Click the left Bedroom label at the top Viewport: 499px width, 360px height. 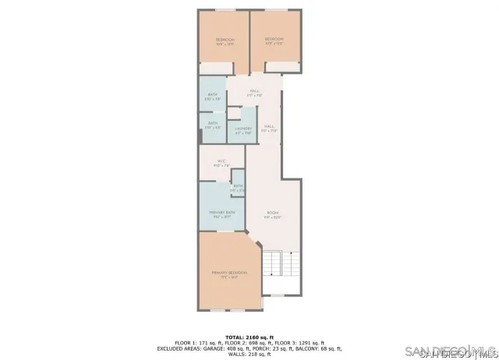pyautogui.click(x=225, y=41)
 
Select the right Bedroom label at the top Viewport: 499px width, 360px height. pyautogui.click(x=274, y=41)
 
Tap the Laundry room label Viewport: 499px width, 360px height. pyautogui.click(x=243, y=130)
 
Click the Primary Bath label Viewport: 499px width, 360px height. pyautogui.click(x=221, y=214)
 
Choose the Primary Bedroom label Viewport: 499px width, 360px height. pyautogui.click(x=229, y=274)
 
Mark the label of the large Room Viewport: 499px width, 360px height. pyautogui.click(x=272, y=214)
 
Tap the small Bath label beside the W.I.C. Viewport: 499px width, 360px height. pyautogui.click(x=238, y=188)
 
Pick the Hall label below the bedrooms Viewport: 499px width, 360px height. pyautogui.click(x=254, y=93)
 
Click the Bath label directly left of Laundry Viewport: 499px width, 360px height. pyautogui.click(x=212, y=125)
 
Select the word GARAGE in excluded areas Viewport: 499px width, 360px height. pyautogui.click(x=214, y=348)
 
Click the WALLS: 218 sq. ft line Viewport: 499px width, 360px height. pyautogui.click(x=249, y=355)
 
